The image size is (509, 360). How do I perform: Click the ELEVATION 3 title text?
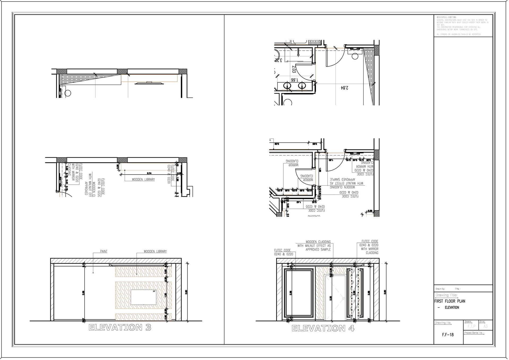pyautogui.click(x=120, y=327)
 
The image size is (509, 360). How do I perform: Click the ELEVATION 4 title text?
pyautogui.click(x=323, y=328)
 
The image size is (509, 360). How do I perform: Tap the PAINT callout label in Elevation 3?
pyautogui.click(x=104, y=251)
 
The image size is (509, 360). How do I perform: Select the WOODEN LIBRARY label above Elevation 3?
pyautogui.click(x=155, y=251)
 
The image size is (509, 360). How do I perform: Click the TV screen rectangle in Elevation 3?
pyautogui.click(x=143, y=297)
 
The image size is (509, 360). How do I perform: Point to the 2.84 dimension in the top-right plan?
pyautogui.click(x=345, y=88)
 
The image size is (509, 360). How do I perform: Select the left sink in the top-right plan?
pyautogui.click(x=287, y=86)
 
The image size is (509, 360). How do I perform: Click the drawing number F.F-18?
pyautogui.click(x=448, y=335)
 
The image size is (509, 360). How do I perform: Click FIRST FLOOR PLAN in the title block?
pyautogui.click(x=450, y=301)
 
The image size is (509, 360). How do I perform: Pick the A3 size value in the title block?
pyautogui.click(x=485, y=326)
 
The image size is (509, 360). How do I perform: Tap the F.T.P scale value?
pyautogui.click(x=472, y=326)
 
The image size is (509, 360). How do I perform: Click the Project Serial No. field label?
pyautogui.click(x=474, y=333)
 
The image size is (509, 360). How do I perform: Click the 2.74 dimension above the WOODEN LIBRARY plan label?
pyautogui.click(x=149, y=173)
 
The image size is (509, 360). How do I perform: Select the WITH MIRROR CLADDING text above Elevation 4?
pyautogui.click(x=370, y=251)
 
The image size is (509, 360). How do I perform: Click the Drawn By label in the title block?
pyautogui.click(x=440, y=289)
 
